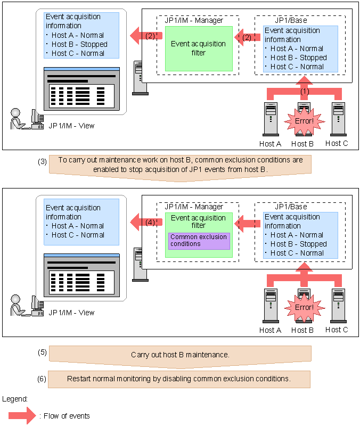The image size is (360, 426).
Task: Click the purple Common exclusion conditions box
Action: (199, 241)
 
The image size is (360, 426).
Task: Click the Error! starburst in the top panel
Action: (304, 121)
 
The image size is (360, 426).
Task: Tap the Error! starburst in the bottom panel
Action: (304, 307)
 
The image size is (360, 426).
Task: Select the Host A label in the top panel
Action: (270, 144)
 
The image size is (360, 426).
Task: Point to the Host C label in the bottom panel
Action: (337, 330)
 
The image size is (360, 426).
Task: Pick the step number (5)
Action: (43, 353)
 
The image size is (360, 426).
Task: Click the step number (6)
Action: (43, 379)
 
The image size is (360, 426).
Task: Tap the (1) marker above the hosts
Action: (304, 91)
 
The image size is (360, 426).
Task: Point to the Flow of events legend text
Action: (64, 416)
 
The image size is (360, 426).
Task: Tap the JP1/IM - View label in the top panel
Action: (71, 126)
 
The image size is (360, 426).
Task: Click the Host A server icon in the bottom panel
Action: (270, 305)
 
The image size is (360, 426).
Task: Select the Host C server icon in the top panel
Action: (337, 119)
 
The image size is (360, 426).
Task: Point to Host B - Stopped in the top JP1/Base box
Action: (298, 58)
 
